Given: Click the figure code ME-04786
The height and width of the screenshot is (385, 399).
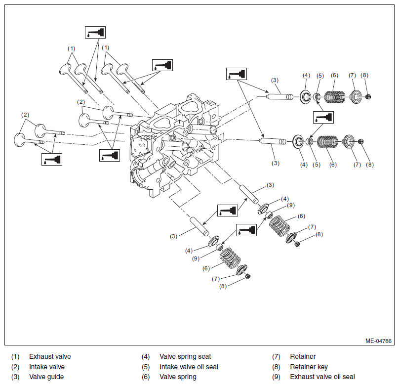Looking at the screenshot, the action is [x=378, y=341].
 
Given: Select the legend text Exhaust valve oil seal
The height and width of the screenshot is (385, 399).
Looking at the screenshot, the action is [x=322, y=377].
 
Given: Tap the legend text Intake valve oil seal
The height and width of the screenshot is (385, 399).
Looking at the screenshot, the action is [x=189, y=367].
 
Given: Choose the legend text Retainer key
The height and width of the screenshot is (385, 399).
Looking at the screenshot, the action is [x=309, y=367].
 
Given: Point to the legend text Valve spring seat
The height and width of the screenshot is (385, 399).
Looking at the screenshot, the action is [x=185, y=356].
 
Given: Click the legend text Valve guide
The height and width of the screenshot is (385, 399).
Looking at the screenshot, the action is [x=46, y=377].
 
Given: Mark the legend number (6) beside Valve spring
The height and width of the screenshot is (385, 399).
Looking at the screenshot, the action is [x=146, y=377].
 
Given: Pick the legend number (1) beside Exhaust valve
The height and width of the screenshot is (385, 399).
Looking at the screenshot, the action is [x=15, y=356].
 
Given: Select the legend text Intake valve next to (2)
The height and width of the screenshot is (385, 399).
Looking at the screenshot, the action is [x=47, y=367].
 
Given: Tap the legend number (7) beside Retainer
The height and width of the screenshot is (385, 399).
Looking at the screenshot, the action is [x=276, y=356].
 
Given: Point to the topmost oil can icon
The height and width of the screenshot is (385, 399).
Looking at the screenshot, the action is [x=95, y=32].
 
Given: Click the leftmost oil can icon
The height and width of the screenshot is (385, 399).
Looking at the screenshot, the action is [x=52, y=160].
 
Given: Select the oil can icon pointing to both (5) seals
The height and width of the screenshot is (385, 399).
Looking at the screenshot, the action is [x=323, y=118].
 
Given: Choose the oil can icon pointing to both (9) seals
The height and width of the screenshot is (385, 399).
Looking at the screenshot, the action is [x=246, y=230].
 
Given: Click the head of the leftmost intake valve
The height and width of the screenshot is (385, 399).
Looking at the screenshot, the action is [x=20, y=140].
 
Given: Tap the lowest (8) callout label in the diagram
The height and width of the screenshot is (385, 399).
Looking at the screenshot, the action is [x=223, y=286].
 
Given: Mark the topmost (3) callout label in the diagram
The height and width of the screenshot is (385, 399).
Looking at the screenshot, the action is [x=275, y=80].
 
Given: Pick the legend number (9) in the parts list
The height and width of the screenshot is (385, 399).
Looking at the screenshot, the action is [x=276, y=377].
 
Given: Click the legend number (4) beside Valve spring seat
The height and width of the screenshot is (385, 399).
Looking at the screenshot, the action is [x=146, y=356].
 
